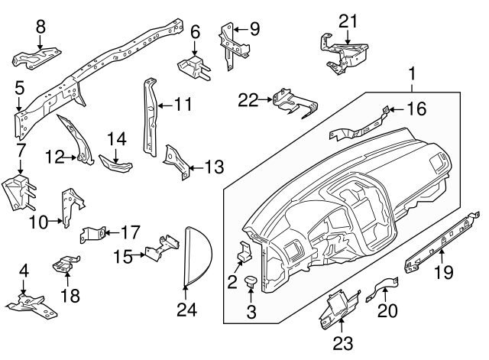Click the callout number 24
pyautogui.click(x=186, y=310)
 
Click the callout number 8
pyautogui.click(x=40, y=27)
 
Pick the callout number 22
pyautogui.click(x=247, y=99)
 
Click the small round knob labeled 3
pyautogui.click(x=251, y=284)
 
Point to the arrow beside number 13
pyautogui.click(x=193, y=165)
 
